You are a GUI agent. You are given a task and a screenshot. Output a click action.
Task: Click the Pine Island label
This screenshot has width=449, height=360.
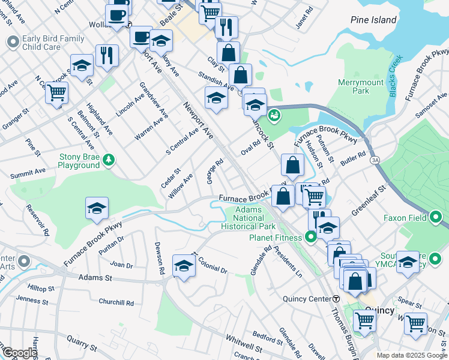click(373, 20)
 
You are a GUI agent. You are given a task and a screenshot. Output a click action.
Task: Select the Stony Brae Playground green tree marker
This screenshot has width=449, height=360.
click(109, 160)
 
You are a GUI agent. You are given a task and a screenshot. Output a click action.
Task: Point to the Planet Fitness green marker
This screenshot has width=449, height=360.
click(311, 238)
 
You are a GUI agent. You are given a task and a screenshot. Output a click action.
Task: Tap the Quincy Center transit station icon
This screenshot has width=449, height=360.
click(336, 299)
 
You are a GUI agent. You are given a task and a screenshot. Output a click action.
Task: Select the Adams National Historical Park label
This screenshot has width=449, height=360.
click(248, 218)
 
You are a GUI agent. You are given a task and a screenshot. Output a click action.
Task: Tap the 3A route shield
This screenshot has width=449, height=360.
click(375, 160)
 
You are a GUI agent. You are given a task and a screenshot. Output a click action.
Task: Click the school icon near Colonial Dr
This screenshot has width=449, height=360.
click(184, 265)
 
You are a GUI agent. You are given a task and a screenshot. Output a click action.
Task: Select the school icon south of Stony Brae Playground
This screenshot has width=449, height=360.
click(97, 208)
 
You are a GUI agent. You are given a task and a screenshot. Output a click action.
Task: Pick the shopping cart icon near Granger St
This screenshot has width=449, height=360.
click(57, 92)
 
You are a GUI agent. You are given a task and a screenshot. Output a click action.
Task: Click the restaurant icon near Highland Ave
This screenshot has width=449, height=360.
click(107, 55)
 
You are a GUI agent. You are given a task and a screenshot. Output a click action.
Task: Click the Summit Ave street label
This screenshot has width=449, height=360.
click(28, 172)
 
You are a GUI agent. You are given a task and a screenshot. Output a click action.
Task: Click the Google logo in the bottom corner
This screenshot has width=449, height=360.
click(19, 353)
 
